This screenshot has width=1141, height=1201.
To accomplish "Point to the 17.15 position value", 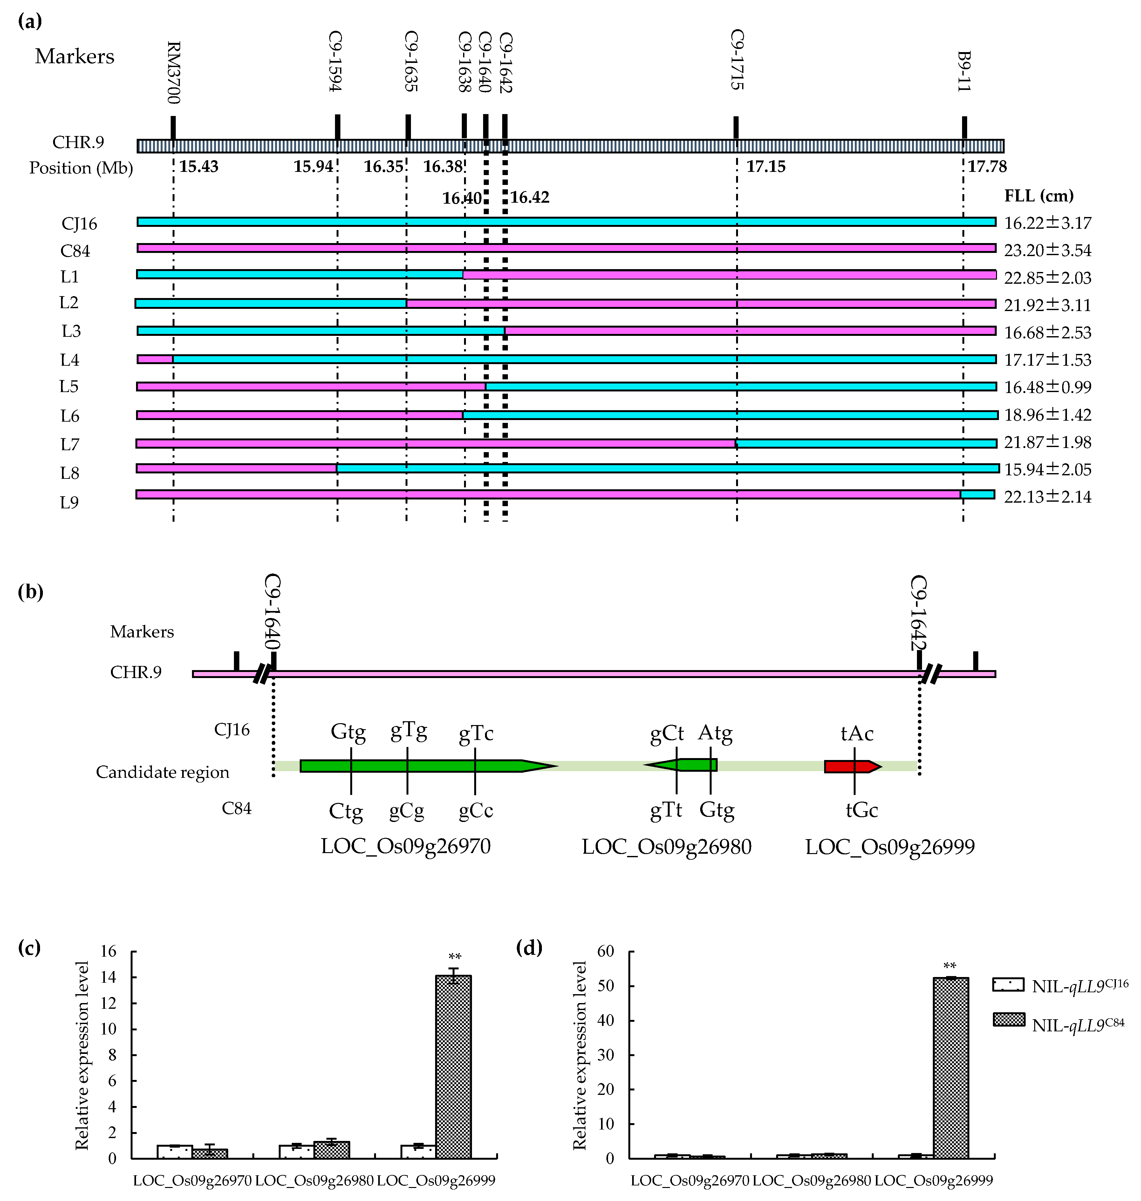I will tap(766, 166).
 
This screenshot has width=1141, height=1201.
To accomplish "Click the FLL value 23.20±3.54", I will tap(1047, 251).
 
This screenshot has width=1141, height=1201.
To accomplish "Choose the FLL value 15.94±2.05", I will tap(1047, 470).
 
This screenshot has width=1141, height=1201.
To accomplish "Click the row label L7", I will tap(70, 444).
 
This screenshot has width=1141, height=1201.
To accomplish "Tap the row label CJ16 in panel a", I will tap(79, 224).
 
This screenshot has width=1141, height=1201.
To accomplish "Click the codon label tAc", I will tap(857, 734).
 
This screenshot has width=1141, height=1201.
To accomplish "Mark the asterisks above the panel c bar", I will tap(454, 957).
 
